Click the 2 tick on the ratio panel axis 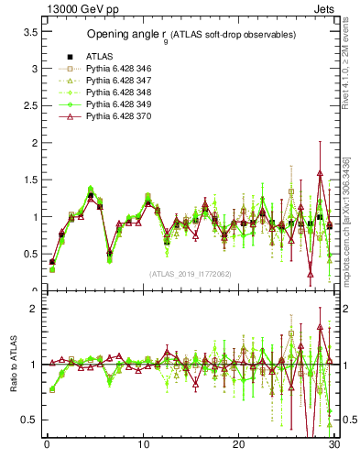[x=32, y=309]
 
